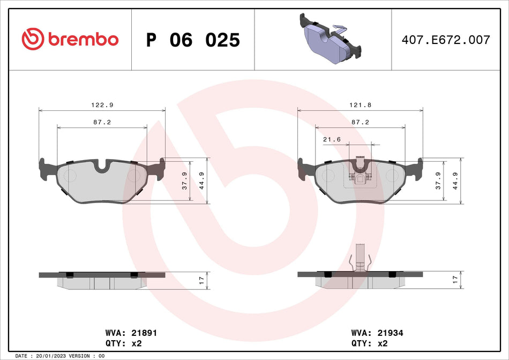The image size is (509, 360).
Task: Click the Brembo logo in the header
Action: (70, 39)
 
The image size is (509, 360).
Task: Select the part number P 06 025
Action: (193, 40)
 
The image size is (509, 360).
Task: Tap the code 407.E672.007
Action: (446, 40)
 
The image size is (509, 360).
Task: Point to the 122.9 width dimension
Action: (102, 105)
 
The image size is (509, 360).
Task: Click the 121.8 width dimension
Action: (360, 105)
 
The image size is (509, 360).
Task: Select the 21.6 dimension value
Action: (332, 139)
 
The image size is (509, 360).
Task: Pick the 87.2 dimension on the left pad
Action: (102, 122)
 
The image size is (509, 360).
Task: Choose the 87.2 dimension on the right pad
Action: (360, 122)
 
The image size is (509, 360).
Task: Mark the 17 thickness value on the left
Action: (202, 280)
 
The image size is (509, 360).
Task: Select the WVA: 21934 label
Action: (377, 333)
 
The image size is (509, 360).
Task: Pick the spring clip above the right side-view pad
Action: (360, 257)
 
